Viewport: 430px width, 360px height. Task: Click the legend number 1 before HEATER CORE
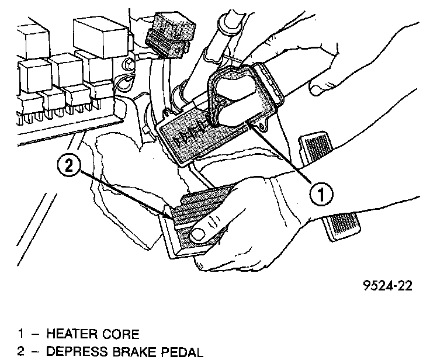pos(21,334)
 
